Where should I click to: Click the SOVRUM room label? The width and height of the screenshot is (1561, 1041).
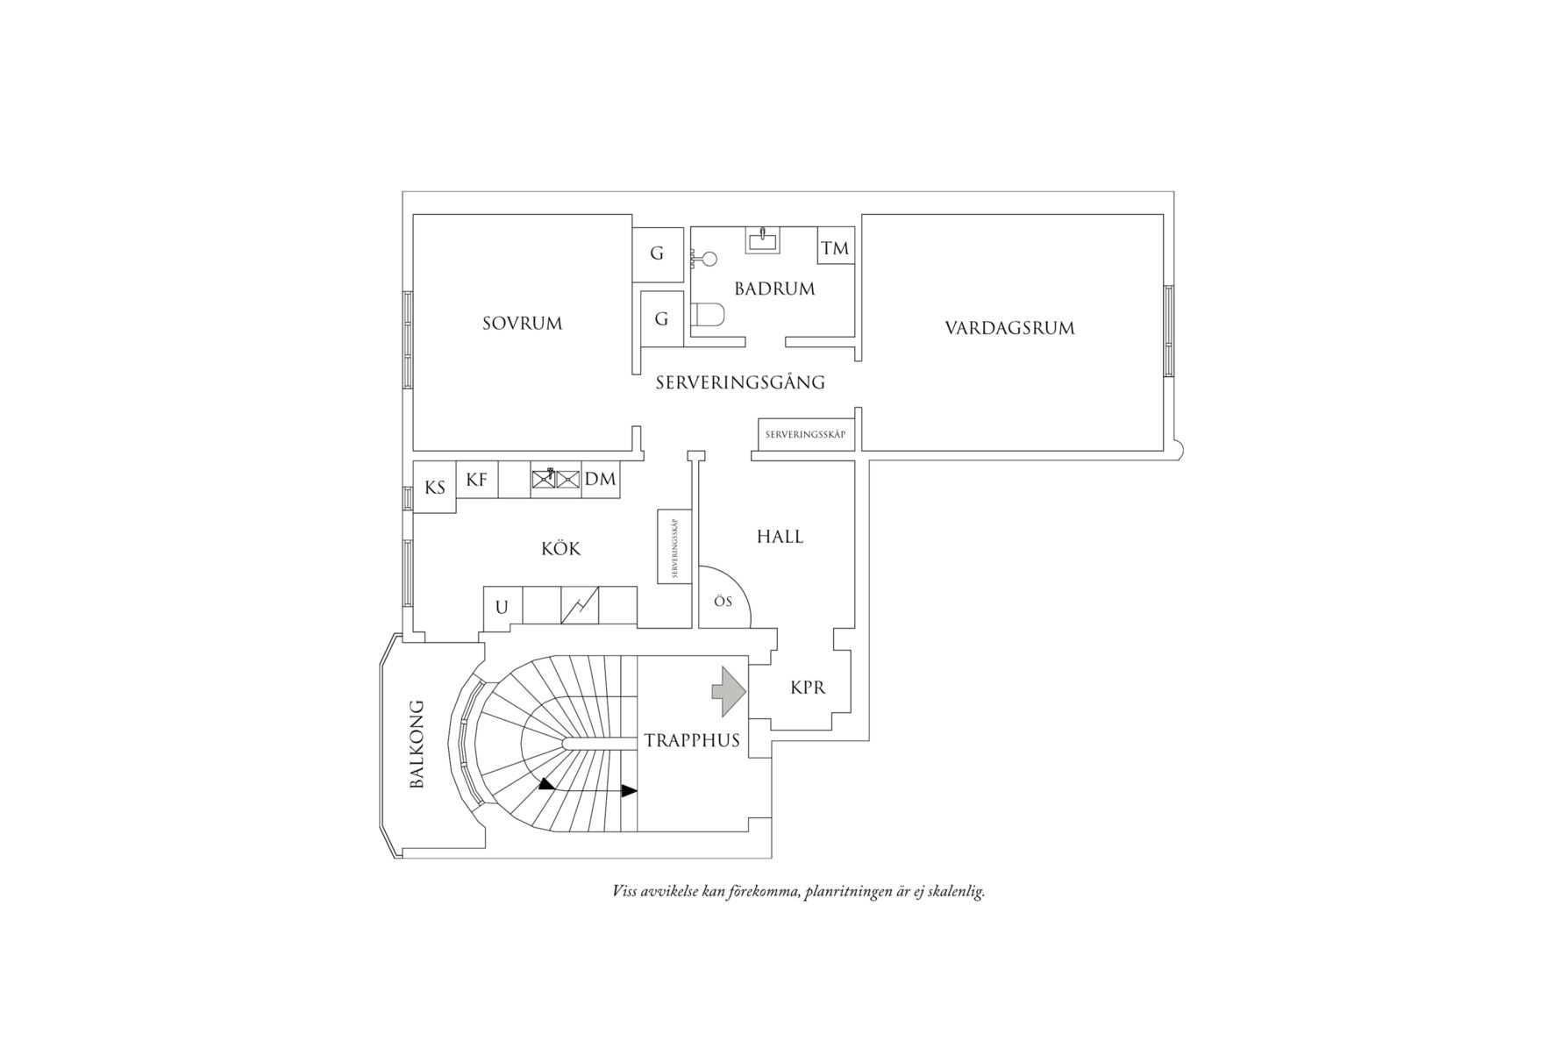[522, 324]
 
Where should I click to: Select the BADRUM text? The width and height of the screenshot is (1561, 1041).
[774, 289]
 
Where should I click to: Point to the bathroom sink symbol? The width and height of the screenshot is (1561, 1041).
[763, 239]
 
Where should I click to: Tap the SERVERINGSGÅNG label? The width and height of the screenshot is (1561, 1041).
[740, 382]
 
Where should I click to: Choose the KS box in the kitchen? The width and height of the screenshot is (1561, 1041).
[435, 488]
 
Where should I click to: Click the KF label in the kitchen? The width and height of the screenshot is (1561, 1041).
[476, 480]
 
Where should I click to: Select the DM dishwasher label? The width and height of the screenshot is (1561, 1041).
[600, 480]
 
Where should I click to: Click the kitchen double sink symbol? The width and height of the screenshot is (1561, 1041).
[556, 479]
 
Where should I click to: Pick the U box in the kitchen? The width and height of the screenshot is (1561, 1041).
[503, 606]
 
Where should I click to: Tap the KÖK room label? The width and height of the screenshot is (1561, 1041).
[561, 549]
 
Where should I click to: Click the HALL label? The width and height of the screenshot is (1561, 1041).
[780, 537]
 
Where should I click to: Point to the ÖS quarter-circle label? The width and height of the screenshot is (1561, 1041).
[723, 602]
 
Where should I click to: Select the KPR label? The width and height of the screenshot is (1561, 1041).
[808, 688]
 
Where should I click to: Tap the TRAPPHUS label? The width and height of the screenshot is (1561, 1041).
[692, 740]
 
